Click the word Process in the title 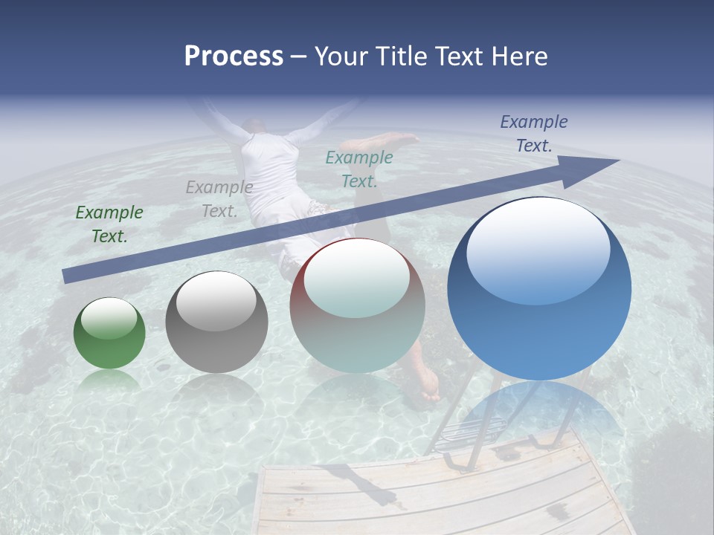point(234,56)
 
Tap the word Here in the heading point(518,56)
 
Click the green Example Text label point(109,224)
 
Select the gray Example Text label point(219,199)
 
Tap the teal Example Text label point(359,169)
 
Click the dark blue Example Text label point(534,134)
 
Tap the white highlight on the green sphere point(109,318)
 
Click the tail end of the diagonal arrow point(71,276)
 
